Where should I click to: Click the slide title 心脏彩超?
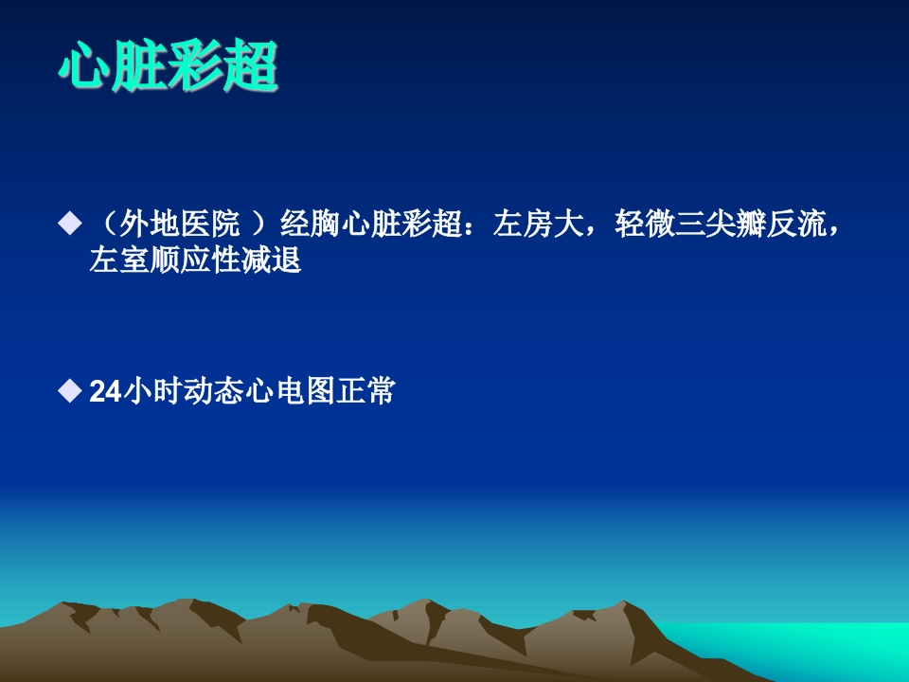pos(169,66)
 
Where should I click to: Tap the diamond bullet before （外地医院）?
pos(69,224)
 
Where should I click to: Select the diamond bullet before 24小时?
pos(69,390)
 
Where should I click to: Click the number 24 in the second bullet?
pos(105,391)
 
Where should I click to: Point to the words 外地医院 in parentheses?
pos(179,224)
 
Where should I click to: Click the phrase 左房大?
pos(538,224)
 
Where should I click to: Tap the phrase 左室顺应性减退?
pos(195,260)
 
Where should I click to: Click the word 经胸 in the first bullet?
pos(311,224)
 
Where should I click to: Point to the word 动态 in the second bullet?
pos(214,391)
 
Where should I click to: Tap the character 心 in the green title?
pos(83,66)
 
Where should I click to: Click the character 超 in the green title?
pos(251,66)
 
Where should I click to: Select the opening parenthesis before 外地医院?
pos(108,224)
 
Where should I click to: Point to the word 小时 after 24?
pos(153,391)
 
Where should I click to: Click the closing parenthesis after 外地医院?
pos(259,224)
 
